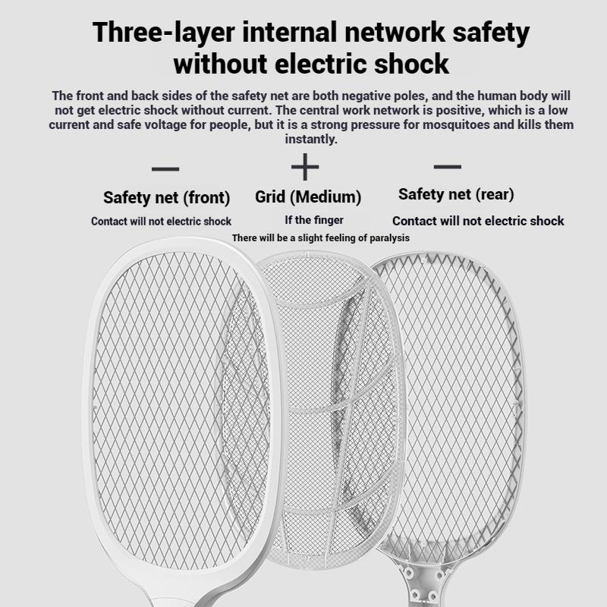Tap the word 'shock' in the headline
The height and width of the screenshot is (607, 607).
(x=408, y=64)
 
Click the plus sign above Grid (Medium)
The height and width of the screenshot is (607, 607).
(x=305, y=166)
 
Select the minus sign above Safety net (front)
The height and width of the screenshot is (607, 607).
(x=165, y=168)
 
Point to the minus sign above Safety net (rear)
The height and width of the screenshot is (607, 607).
(x=447, y=166)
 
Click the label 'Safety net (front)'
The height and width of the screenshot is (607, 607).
(x=166, y=198)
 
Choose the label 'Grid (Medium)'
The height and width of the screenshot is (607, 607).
(x=308, y=197)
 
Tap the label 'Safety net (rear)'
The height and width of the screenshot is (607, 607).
(x=456, y=194)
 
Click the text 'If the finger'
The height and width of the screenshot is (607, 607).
(x=314, y=220)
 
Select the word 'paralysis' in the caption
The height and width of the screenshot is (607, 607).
(x=386, y=237)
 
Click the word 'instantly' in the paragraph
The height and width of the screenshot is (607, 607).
(x=310, y=139)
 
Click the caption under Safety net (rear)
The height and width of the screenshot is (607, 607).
(x=478, y=221)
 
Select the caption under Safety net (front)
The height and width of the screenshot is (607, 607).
(x=161, y=222)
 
